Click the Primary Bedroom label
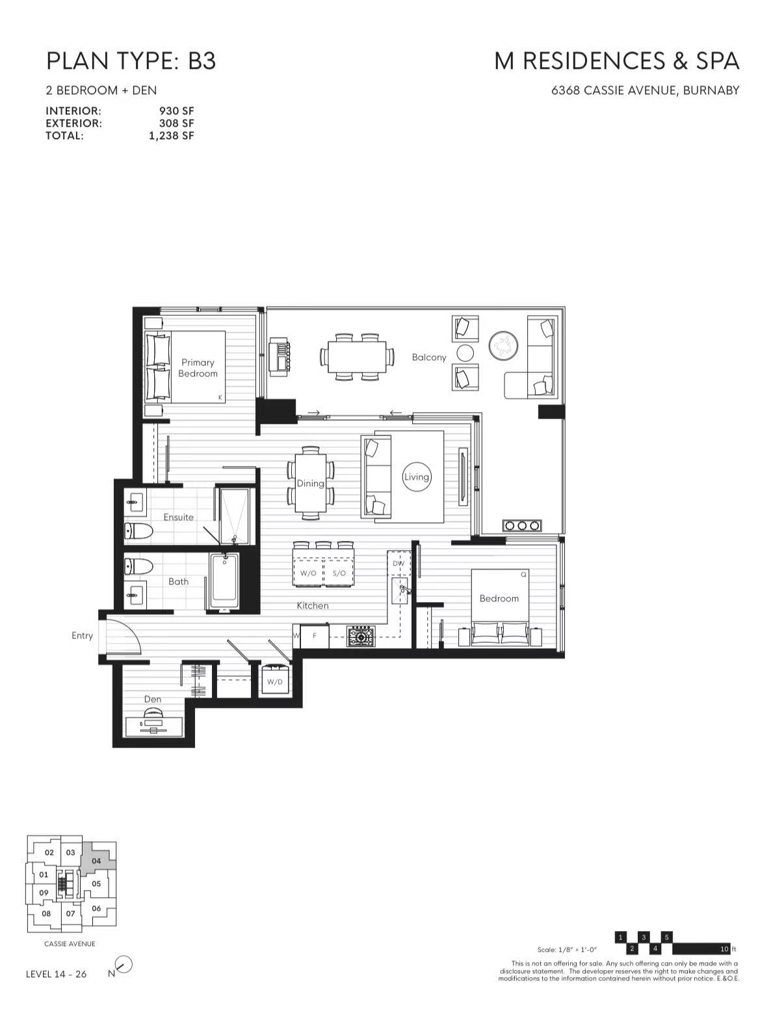click(x=198, y=367)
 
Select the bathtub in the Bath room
click(x=224, y=581)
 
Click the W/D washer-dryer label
click(x=274, y=682)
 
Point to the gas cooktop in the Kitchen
click(x=360, y=636)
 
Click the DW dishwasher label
click(x=399, y=564)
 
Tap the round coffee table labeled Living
click(x=416, y=477)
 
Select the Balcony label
click(x=429, y=358)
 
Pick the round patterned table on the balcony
click(x=504, y=345)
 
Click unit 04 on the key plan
click(x=96, y=861)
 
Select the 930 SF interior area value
click(x=176, y=111)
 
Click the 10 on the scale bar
click(x=724, y=949)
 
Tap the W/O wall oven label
click(x=308, y=573)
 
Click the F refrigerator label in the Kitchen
click(x=315, y=636)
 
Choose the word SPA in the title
click(x=718, y=61)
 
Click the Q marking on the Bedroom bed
click(x=523, y=575)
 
